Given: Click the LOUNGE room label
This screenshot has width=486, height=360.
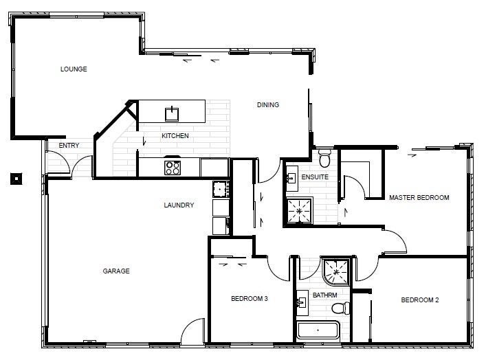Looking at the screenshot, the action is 74,69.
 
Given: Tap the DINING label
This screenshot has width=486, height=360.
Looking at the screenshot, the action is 268,104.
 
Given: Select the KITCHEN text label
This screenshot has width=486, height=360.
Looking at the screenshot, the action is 175,136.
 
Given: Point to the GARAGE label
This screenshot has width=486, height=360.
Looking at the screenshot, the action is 116,271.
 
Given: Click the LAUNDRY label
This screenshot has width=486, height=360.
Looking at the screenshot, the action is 179,205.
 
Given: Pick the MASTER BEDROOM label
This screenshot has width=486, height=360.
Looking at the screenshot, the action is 419,198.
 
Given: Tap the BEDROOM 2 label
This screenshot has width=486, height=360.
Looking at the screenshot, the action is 420,300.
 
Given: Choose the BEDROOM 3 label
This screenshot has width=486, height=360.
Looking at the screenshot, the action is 250,299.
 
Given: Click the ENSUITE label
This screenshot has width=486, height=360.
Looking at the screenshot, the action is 315,177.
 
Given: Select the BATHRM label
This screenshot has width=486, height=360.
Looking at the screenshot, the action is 325,295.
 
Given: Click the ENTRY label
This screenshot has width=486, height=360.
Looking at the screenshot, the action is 69,145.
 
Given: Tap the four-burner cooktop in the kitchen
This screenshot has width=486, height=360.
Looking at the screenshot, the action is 173,168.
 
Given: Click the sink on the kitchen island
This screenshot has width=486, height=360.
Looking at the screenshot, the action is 172,113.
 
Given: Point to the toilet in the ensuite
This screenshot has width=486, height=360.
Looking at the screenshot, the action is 324,158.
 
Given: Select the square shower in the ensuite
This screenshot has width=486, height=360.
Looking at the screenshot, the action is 299,211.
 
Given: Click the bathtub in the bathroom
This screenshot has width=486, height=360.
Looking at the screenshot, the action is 318,330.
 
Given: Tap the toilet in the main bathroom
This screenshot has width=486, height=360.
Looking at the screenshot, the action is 341,308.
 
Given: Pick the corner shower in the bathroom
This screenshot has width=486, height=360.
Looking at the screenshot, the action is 336,271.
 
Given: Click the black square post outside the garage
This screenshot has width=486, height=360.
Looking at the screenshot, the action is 16,179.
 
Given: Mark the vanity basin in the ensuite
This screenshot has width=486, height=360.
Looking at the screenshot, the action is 291,179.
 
